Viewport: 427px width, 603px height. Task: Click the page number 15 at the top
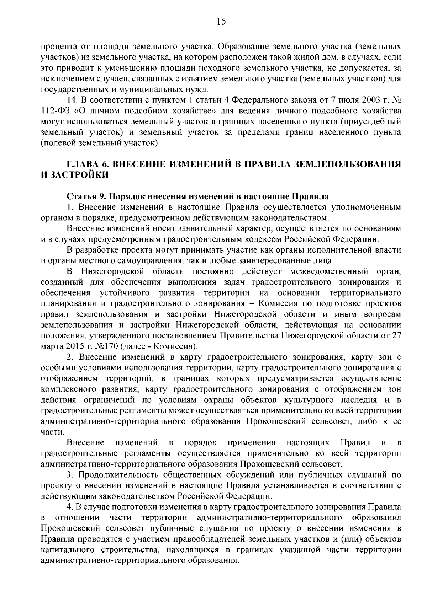tap(221, 22)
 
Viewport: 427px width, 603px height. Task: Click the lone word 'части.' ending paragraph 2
tap(53, 432)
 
